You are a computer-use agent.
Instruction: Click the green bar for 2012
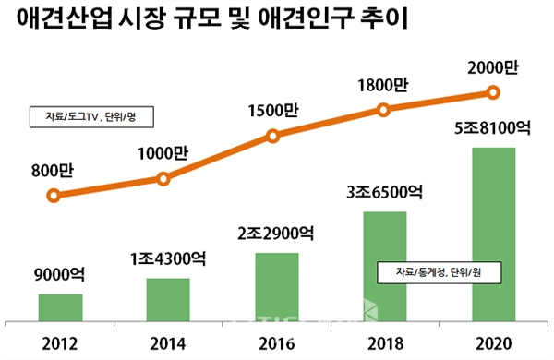pos(60,309)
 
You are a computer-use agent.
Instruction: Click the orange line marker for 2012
pos(54,196)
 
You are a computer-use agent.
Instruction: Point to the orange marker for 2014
pos(163,177)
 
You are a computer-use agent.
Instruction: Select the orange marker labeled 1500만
pos(272,136)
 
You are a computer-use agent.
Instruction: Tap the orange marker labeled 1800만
pos(383,110)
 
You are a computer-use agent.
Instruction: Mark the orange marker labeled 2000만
pos(492,92)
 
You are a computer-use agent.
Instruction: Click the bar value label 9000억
pos(60,275)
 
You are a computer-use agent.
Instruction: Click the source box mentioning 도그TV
pos(89,118)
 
